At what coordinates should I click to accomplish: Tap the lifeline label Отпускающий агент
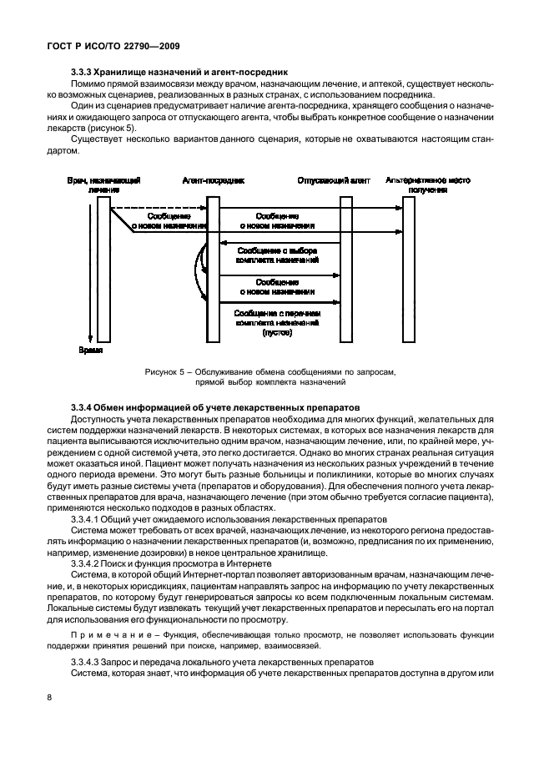[333, 179]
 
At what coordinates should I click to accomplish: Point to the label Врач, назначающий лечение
[103, 184]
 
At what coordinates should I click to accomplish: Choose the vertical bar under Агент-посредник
[214, 267]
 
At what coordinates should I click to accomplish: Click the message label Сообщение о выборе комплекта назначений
[278, 255]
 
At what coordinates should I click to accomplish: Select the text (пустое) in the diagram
[277, 332]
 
